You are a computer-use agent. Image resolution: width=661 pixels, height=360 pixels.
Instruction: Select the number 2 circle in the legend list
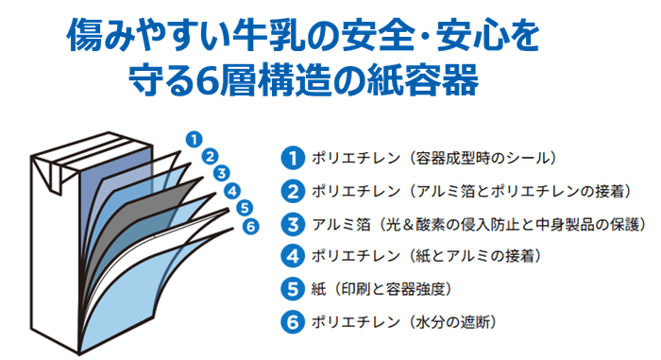click(x=293, y=192)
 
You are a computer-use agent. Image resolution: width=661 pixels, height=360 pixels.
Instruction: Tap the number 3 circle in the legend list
click(x=293, y=224)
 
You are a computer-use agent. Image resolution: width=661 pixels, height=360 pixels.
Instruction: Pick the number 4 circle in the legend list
click(x=293, y=256)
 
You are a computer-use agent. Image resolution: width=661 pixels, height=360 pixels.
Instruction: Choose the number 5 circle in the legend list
click(x=293, y=289)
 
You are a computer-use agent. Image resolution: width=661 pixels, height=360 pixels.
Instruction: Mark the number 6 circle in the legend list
click(x=293, y=321)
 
